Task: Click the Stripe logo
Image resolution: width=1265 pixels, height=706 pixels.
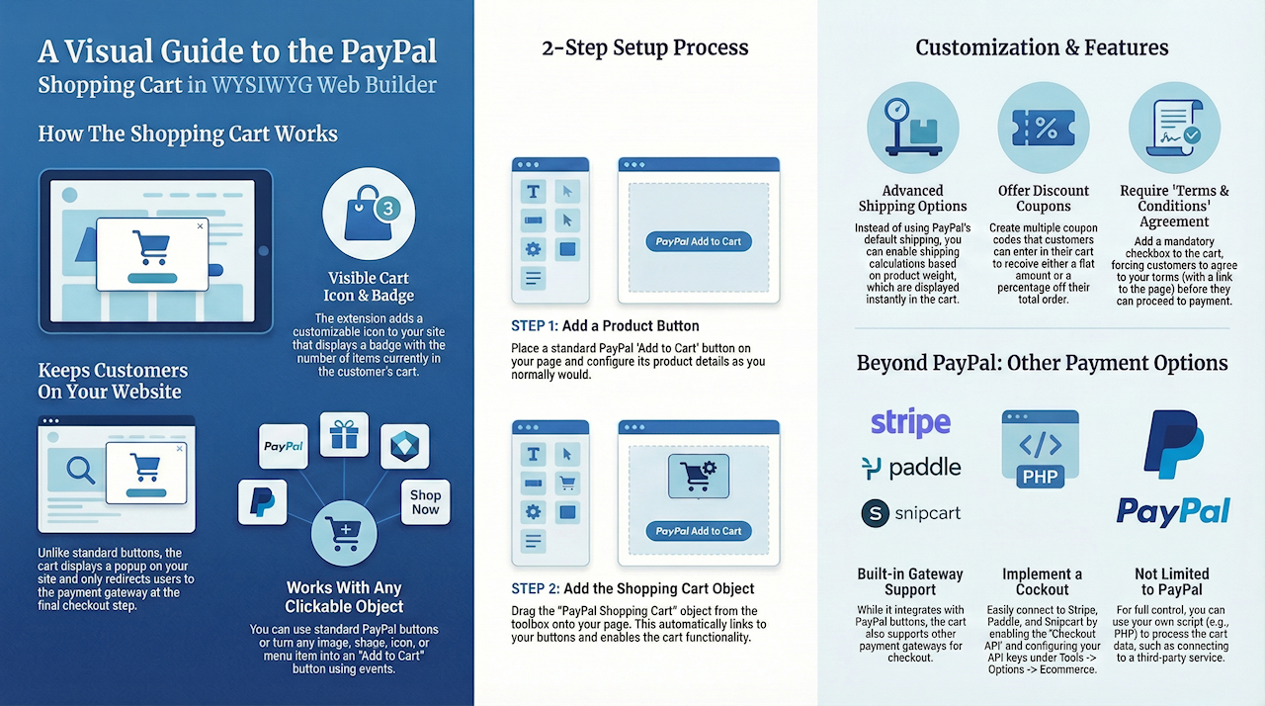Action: click(x=910, y=423)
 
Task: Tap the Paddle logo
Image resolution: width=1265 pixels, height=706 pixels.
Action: click(x=910, y=468)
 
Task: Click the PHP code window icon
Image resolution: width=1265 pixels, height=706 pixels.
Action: click(x=1040, y=450)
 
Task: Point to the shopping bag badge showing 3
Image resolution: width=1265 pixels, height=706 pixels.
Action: click(x=369, y=215)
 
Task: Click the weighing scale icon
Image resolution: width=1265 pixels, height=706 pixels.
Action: click(x=912, y=129)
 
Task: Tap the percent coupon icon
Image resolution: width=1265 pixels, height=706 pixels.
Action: click(x=1044, y=129)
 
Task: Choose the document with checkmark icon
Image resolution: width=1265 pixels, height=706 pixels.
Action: click(x=1174, y=129)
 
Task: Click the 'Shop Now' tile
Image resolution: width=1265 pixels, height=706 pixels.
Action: click(x=425, y=502)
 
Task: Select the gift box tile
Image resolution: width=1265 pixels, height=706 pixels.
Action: click(x=344, y=435)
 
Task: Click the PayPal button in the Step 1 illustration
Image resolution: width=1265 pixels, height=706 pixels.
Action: click(x=699, y=241)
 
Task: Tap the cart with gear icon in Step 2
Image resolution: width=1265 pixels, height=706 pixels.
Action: click(x=699, y=475)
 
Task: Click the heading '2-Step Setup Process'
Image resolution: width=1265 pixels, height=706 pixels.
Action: click(x=644, y=47)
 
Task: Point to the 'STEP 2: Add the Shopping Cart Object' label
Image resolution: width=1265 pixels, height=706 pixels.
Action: click(x=632, y=588)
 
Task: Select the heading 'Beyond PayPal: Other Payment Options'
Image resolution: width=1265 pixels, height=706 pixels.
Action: click(x=1042, y=363)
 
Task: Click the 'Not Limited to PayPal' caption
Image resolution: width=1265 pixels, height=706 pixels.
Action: click(x=1172, y=581)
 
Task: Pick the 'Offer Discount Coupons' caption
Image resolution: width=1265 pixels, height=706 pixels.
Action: click(x=1044, y=198)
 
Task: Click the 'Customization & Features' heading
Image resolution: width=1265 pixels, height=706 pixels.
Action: click(x=1042, y=47)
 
